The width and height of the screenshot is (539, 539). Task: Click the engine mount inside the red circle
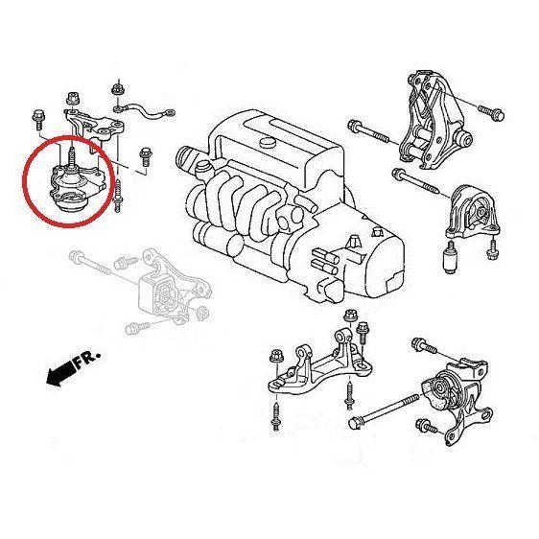[x=70, y=186]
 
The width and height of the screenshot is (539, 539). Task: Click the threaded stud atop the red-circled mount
[x=71, y=153]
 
